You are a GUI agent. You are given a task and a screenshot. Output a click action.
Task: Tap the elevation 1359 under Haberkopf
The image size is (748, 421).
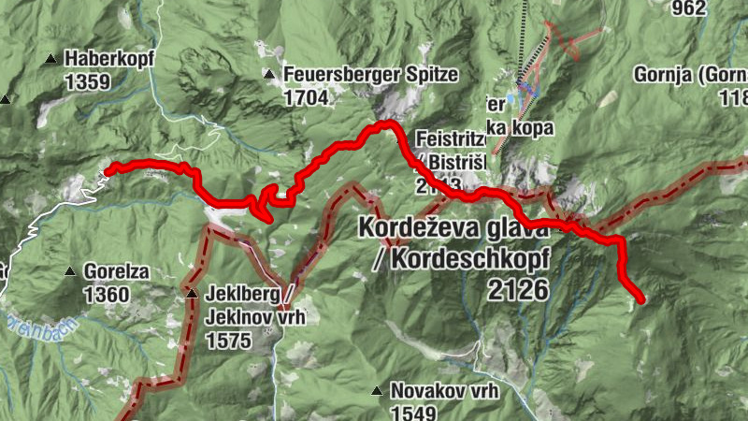coord(88,82)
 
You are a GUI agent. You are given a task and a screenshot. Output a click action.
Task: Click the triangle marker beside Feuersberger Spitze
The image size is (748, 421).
coord(269,74)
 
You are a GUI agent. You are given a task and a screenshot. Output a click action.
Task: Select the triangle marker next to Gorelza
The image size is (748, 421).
coord(69,272)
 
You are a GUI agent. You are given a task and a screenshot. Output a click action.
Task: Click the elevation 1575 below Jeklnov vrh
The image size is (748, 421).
coord(231,341)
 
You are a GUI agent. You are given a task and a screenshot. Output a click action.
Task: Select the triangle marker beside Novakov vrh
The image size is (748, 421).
coord(376,391)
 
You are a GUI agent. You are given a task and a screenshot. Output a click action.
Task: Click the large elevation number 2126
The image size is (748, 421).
coord(517,290)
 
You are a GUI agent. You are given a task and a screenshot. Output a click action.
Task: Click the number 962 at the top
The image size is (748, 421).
coord(714,8)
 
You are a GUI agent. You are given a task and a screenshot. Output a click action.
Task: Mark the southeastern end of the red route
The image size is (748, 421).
coord(640,299)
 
